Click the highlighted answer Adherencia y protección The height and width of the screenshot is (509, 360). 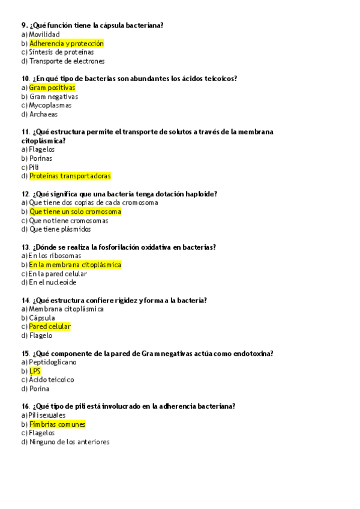coord(67,43)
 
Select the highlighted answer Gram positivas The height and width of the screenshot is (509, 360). coord(52,88)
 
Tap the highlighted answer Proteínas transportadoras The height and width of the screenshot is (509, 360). coord(70,176)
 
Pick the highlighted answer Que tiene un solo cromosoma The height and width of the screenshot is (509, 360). coord(75,211)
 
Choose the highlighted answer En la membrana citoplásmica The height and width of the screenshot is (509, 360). coord(75,265)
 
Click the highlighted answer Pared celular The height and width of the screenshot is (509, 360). coord(50,327)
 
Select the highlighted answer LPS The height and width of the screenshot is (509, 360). coord(35,371)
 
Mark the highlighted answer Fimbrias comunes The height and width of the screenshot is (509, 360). coord(58,424)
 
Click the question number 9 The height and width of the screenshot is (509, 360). coord(24,25)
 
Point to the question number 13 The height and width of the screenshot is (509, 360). coord(25,247)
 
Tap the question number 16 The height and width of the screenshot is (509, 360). coord(25,406)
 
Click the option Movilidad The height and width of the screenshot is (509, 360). coord(44,34)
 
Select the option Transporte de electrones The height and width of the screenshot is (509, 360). coord(67,61)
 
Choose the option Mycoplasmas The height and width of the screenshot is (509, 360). coord(50,105)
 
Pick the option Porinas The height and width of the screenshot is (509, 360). coord(41,158)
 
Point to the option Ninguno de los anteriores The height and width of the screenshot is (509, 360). coord(69,442)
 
